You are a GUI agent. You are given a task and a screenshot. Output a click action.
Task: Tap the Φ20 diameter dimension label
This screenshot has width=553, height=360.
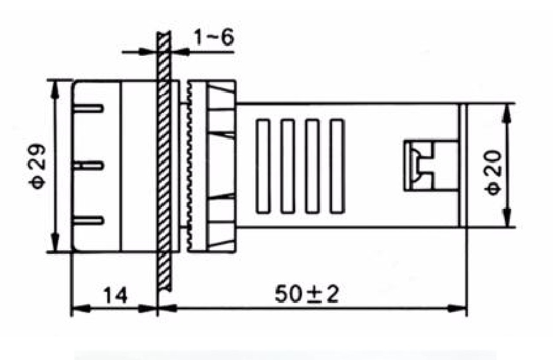492,173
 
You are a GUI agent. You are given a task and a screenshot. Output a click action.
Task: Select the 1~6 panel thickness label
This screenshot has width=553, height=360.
214,37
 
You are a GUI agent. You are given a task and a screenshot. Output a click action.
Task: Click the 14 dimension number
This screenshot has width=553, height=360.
116,295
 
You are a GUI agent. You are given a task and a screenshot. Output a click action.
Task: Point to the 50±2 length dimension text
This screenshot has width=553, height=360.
307,295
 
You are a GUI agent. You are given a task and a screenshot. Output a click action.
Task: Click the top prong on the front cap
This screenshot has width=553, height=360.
88,108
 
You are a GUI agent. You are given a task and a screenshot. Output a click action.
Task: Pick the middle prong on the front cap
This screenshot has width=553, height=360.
88,165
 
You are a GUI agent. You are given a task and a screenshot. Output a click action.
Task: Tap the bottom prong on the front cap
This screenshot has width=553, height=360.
88,221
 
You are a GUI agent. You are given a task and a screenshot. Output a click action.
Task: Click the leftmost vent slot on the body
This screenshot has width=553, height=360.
263,166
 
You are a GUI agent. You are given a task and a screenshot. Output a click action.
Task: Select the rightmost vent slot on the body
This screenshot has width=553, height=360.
336,166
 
